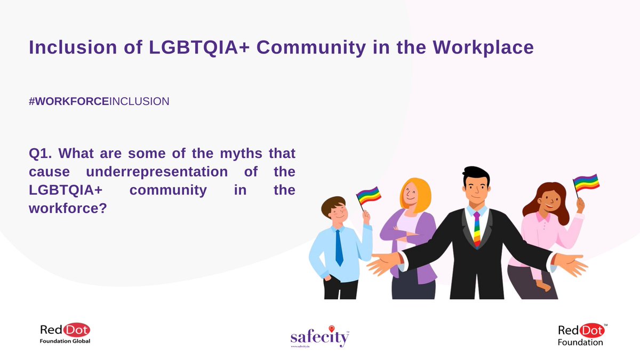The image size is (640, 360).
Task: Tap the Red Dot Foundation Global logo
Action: (x=65, y=334)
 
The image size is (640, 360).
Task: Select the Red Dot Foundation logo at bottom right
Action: (x=582, y=334)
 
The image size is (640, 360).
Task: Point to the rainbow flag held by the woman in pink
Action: (x=587, y=182)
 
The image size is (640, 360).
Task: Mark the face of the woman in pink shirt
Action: (x=548, y=201)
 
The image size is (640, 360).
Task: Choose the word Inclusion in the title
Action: (x=70, y=47)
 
